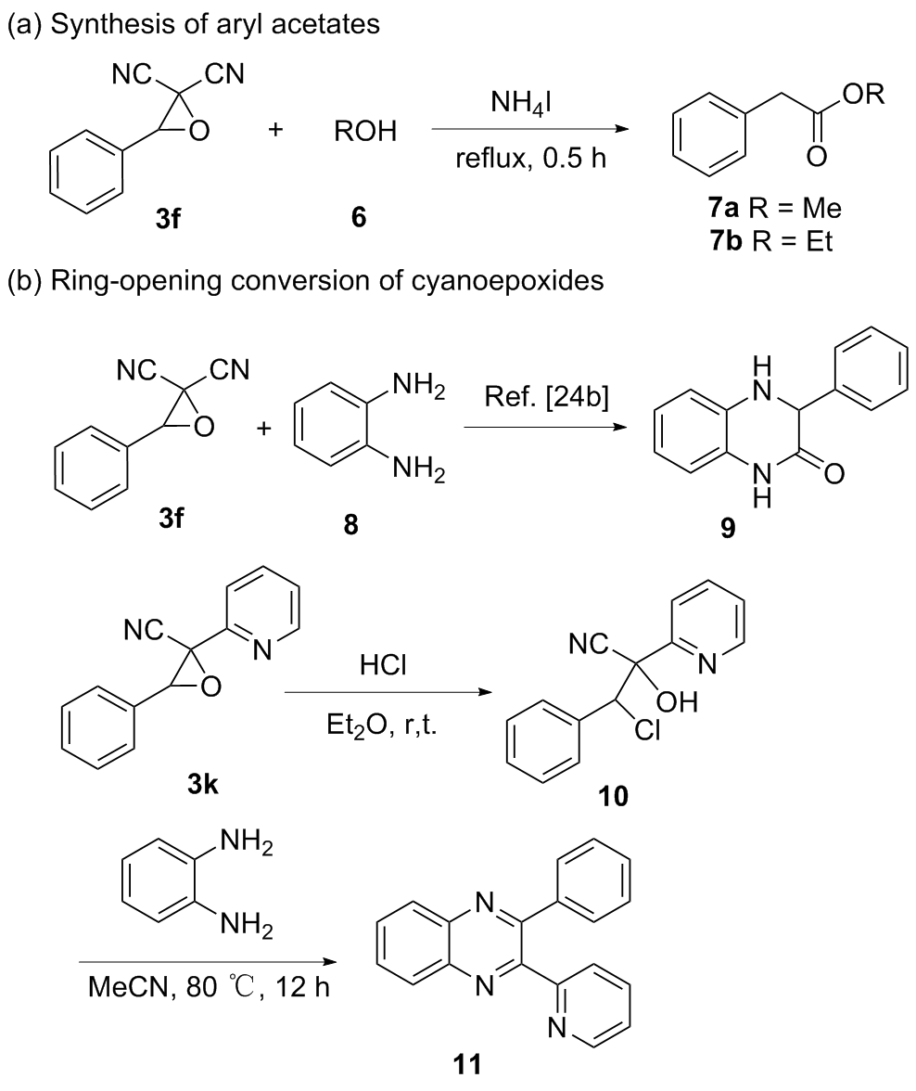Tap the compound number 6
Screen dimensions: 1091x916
358,218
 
